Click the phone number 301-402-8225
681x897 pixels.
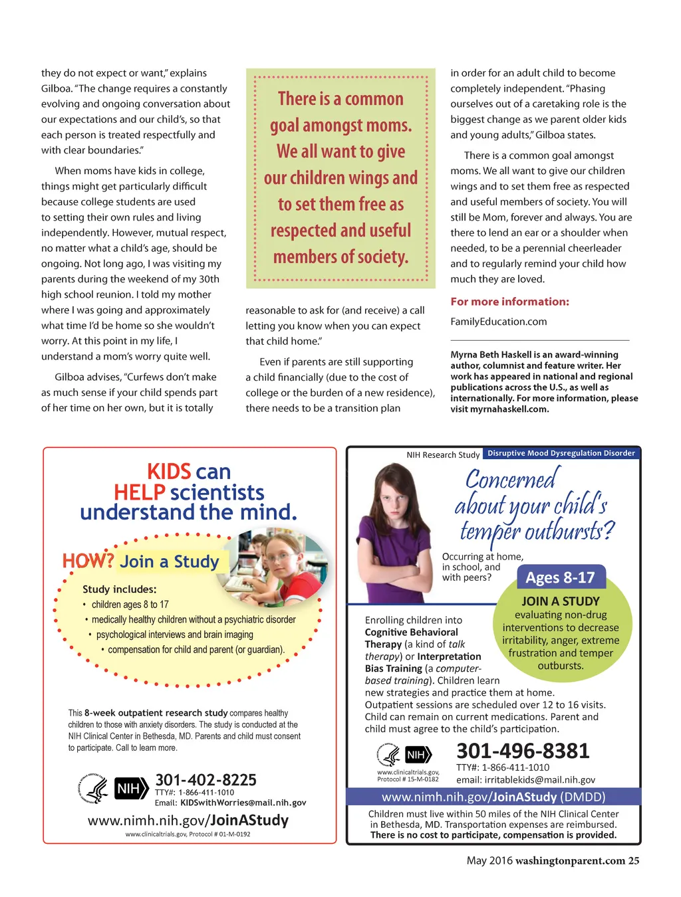pos(205,779)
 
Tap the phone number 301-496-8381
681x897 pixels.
pos(523,751)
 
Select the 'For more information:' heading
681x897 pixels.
pos(509,302)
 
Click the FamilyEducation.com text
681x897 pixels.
pos(499,322)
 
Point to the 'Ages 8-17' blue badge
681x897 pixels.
pos(560,577)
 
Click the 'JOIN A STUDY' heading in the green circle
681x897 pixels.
pos(561,601)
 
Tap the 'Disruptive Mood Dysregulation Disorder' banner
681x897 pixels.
pos(561,453)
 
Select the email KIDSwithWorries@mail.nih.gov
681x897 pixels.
pos(243,803)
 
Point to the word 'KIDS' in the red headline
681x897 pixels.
pos(169,472)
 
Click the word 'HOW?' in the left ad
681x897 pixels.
pos(88,561)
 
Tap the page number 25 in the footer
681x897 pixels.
pos(634,860)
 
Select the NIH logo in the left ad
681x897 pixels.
pos(131,789)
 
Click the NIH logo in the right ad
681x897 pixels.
pos(418,755)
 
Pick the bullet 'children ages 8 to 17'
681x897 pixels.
pos(130,605)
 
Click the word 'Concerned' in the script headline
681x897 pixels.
pos(511,479)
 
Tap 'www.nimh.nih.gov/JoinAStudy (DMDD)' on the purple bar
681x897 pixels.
pos(493,797)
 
